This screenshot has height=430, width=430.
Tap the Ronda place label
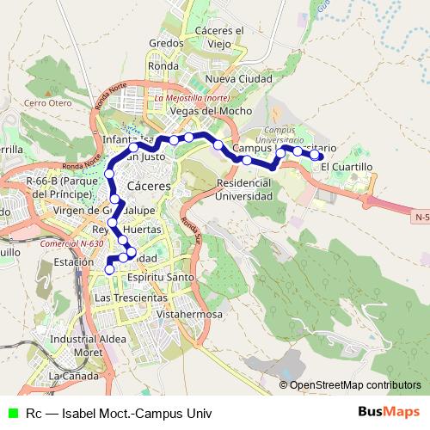coord(163,64)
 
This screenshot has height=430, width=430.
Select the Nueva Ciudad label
coord(238,79)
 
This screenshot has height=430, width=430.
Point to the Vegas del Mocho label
coord(211,111)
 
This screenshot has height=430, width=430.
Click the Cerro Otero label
coord(47,103)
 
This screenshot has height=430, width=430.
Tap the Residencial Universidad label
coord(249,189)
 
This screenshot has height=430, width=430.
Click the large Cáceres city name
coord(148,186)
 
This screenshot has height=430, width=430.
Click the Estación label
coord(73,261)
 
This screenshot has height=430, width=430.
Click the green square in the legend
coord(13,413)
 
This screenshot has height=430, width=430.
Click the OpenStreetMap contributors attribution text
coord(354,384)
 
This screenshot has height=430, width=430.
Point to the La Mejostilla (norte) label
coord(191,98)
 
